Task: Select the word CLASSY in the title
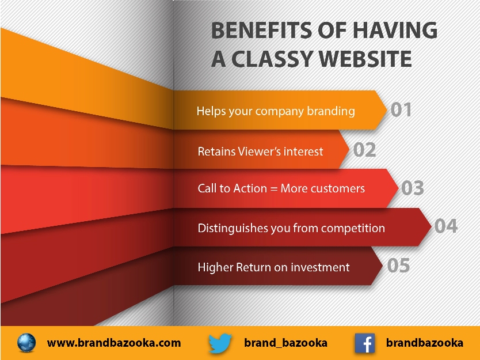click(x=272, y=59)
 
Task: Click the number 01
click(x=401, y=109)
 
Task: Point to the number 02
click(x=364, y=150)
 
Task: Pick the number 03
click(x=412, y=188)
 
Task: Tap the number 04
click(x=446, y=226)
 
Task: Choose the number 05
click(x=398, y=266)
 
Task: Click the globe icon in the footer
click(x=26, y=343)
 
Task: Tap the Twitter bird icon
click(x=220, y=343)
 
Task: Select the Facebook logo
click(x=364, y=343)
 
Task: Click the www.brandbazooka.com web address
click(x=114, y=343)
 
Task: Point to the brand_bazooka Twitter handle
click(x=285, y=343)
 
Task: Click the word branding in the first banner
click(x=331, y=111)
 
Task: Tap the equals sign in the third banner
click(x=274, y=189)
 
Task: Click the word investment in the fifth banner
click(x=320, y=267)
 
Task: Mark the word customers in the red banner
click(x=338, y=188)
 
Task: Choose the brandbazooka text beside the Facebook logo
click(x=425, y=343)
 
